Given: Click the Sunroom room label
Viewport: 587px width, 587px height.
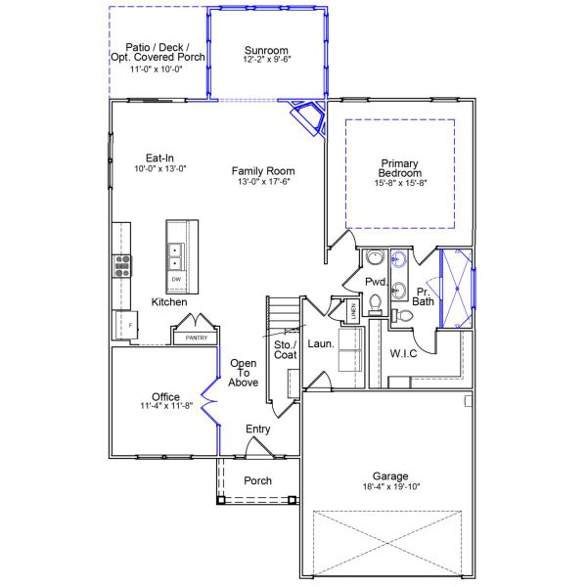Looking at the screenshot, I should coord(267,50).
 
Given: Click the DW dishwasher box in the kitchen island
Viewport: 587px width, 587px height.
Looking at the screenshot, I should coord(176,280).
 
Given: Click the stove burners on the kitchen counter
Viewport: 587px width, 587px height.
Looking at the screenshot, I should coord(123,262).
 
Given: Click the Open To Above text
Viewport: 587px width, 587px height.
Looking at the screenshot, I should coord(244,373).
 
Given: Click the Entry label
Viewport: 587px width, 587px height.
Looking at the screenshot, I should coord(258,429).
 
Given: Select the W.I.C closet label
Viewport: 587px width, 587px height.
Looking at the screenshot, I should coord(403,353).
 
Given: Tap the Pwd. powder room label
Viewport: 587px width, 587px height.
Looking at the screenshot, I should coord(377,281).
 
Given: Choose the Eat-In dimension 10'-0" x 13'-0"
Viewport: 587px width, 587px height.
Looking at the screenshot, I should coord(159,168).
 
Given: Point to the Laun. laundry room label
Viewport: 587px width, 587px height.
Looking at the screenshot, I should coord(321,344).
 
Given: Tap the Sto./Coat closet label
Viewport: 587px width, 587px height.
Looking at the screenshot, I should coord(285,349).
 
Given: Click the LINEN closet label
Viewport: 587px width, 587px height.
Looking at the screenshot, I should coord(352,312).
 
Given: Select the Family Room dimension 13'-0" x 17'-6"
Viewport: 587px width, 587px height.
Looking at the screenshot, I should coord(263,181).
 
